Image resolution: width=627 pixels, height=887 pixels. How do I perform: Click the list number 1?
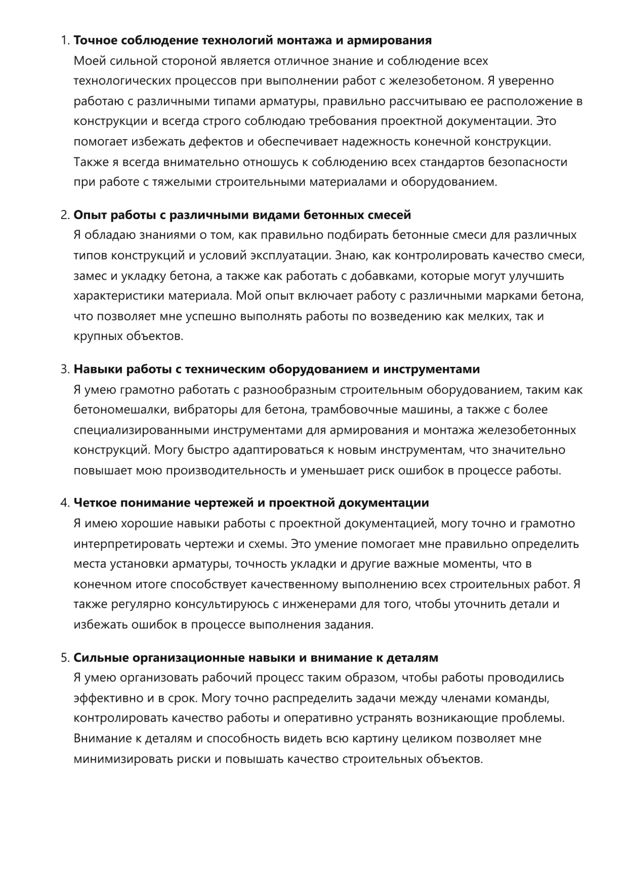click(65, 40)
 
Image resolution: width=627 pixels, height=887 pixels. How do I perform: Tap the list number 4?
click(65, 503)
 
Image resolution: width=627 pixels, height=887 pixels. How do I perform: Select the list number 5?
click(65, 658)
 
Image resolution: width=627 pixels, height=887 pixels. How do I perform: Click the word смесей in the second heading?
click(390, 215)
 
